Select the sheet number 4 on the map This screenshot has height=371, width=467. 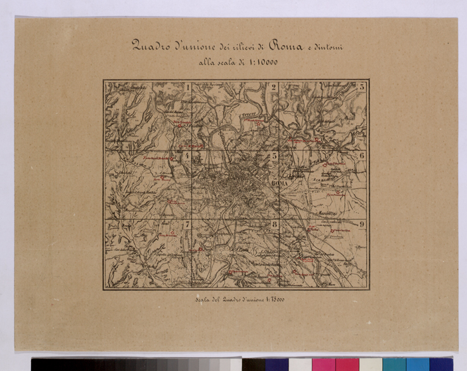[x=188, y=156]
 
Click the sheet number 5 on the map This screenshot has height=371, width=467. [x=273, y=156]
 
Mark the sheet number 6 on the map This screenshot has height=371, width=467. [x=362, y=156]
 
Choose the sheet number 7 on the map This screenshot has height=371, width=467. [x=188, y=225]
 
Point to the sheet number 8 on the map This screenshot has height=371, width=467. [x=273, y=225]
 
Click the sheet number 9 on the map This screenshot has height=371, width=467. [x=362, y=225]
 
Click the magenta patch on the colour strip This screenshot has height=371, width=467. [x=324, y=364]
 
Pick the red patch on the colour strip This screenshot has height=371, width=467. [x=347, y=364]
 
